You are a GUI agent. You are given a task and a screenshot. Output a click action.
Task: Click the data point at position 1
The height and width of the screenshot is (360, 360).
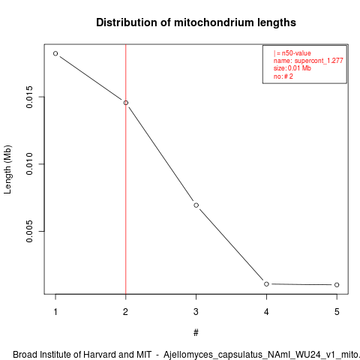click(x=55, y=53)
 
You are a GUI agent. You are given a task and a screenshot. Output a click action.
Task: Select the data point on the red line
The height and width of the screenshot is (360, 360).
click(x=126, y=103)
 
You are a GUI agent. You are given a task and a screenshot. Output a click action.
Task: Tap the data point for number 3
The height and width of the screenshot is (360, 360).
click(x=196, y=205)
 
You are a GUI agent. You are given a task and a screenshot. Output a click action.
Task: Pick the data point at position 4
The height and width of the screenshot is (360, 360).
click(x=266, y=284)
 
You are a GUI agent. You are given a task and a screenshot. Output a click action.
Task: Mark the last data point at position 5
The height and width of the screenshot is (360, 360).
click(x=337, y=285)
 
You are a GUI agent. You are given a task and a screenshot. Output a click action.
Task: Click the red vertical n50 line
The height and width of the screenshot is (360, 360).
click(x=126, y=169)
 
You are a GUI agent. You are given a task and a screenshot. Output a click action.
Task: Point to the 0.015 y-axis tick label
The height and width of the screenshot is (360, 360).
click(x=29, y=97)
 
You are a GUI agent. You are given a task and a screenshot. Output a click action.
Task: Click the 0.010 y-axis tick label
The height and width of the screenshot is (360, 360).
click(x=29, y=164)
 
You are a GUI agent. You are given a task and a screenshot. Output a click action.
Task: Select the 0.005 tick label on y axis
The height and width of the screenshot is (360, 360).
click(x=29, y=231)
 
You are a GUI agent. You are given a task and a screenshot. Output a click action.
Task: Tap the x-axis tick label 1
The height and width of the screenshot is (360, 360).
click(x=55, y=312)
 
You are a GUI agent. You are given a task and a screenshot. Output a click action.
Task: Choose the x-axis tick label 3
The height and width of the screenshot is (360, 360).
click(x=196, y=312)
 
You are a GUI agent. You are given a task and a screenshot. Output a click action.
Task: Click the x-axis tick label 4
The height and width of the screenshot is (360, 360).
click(x=266, y=312)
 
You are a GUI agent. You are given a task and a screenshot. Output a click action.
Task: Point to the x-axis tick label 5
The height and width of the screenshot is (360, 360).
click(x=337, y=312)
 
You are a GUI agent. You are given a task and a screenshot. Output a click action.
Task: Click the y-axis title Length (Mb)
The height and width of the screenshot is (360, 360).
click(x=7, y=169)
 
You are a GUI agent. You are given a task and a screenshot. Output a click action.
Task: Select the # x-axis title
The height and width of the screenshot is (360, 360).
click(x=196, y=333)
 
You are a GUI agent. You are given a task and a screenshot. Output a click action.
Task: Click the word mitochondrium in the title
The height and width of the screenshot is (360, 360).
click(x=211, y=22)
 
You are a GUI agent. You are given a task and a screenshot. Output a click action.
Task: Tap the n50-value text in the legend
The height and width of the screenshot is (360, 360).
click(x=296, y=53)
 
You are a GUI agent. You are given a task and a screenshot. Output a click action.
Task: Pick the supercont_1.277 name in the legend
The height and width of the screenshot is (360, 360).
click(x=319, y=61)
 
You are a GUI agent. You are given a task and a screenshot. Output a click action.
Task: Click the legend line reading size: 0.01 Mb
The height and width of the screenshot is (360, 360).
click(x=292, y=68)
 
